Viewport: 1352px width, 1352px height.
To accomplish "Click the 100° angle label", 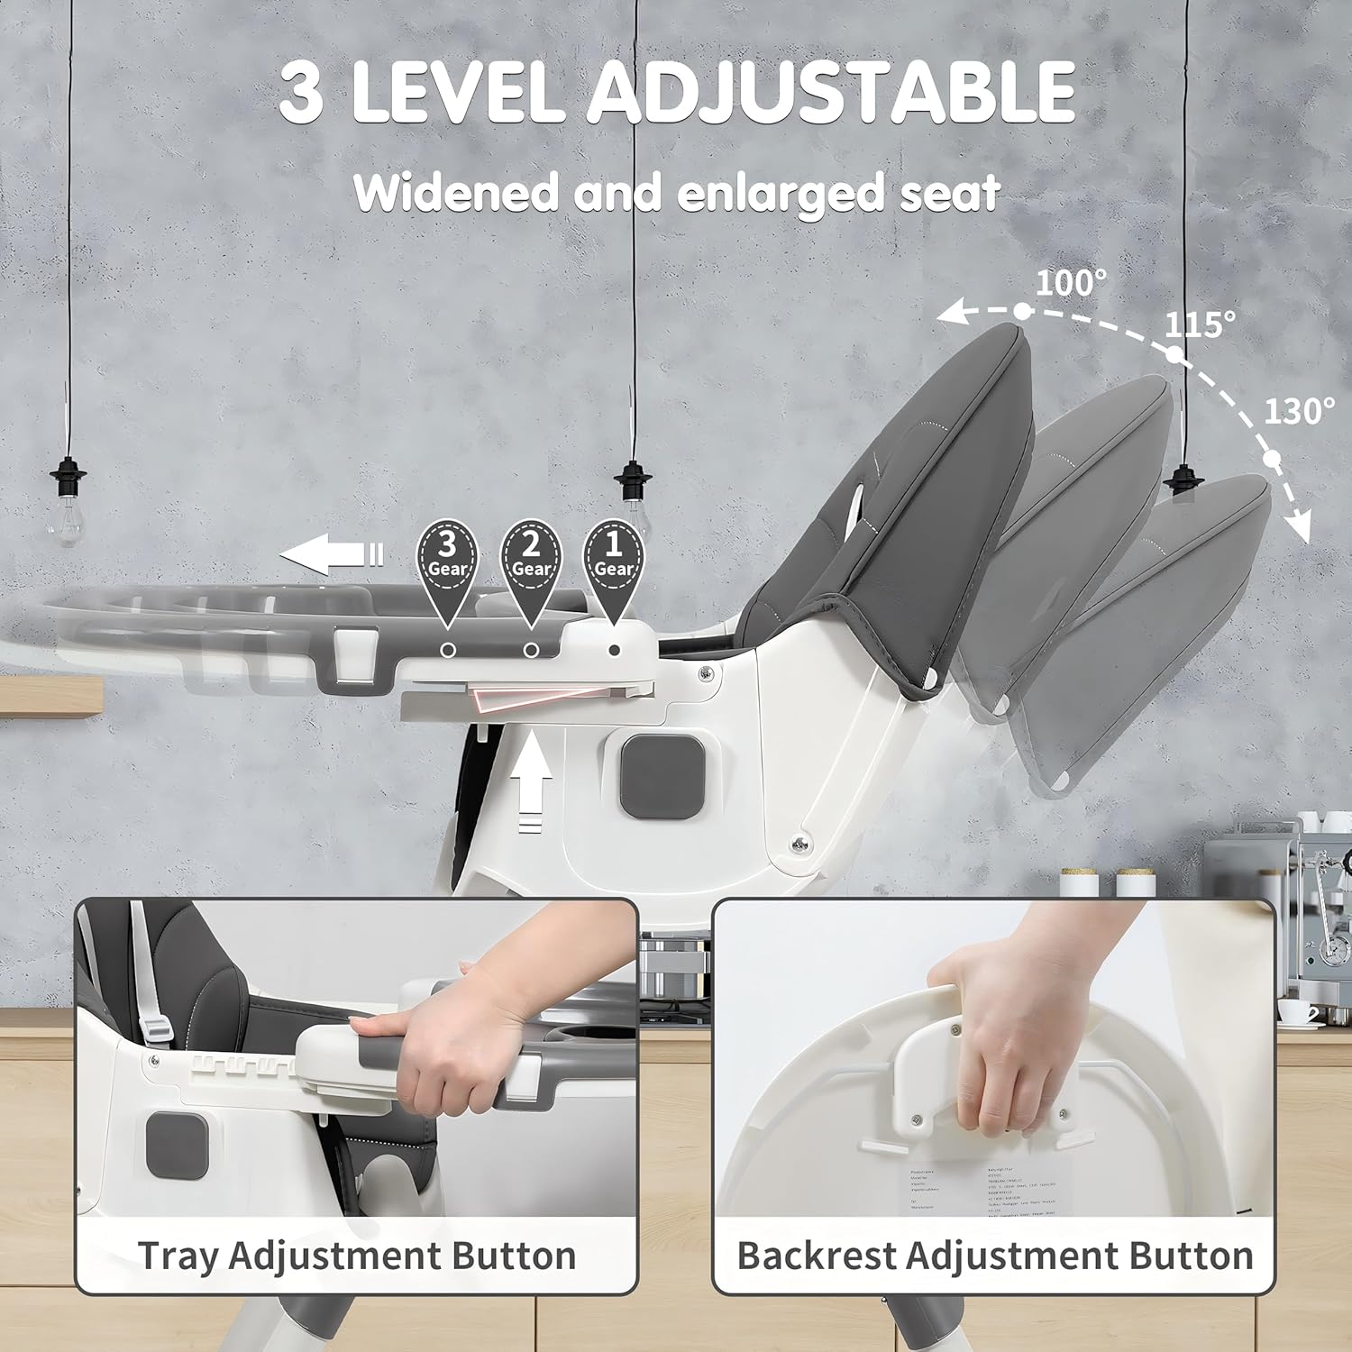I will coord(1070,283).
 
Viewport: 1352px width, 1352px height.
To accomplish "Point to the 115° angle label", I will coord(1200,324).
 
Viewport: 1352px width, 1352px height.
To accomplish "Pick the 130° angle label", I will coord(1299,412).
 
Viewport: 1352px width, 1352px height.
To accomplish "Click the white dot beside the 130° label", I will coord(1272,459).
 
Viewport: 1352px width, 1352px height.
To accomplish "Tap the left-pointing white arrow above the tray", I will coord(330,553).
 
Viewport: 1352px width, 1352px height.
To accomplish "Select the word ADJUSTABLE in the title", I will coord(831,92).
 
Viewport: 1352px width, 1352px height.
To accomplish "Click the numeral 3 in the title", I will coord(301,94).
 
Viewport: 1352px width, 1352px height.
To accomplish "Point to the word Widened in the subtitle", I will coord(456,192).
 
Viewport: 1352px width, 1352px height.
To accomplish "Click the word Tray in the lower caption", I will coord(177,1256).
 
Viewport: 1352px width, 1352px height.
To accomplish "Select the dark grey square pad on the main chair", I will coord(662,776).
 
